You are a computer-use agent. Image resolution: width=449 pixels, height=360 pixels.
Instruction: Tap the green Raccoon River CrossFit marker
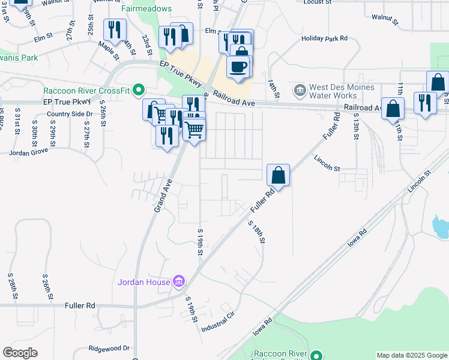coord(139,91)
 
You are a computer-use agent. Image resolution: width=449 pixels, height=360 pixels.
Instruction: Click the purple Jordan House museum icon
coord(178,281)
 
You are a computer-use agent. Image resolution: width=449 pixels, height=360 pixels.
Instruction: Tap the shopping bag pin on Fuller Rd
coord(279,175)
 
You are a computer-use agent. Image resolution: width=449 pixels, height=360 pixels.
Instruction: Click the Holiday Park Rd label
coord(325,38)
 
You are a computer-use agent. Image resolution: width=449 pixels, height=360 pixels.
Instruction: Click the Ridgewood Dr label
coord(109,348)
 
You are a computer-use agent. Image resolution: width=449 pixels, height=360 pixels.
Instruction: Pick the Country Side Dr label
coord(70,114)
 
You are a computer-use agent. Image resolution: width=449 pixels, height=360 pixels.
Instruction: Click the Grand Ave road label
coord(161,196)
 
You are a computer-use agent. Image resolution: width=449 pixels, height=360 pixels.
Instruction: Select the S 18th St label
coord(256,231)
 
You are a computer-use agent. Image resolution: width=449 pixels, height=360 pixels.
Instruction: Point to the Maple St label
coord(110,47)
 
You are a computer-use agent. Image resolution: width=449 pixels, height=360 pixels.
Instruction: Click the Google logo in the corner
coord(20,353)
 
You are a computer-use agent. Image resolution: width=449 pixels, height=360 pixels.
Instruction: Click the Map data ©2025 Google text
coord(412,355)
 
